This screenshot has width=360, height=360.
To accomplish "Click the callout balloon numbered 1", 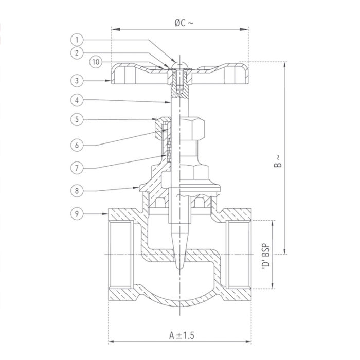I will (x=76, y=40).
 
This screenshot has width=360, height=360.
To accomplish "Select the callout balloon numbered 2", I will (x=76, y=52).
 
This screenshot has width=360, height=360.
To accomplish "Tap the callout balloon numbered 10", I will (x=95, y=62).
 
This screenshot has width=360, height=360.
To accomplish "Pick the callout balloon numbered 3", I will (x=76, y=80).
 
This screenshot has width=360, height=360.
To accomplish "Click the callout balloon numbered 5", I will (x=76, y=119).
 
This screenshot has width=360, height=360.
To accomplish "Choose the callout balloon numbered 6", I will (x=76, y=145).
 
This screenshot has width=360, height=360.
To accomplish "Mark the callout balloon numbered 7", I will (x=76, y=168).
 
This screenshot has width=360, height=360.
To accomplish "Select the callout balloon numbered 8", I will (x=76, y=191).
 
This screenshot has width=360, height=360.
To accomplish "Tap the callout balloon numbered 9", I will (x=76, y=212).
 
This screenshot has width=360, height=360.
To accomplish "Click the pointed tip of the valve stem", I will (x=179, y=266).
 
